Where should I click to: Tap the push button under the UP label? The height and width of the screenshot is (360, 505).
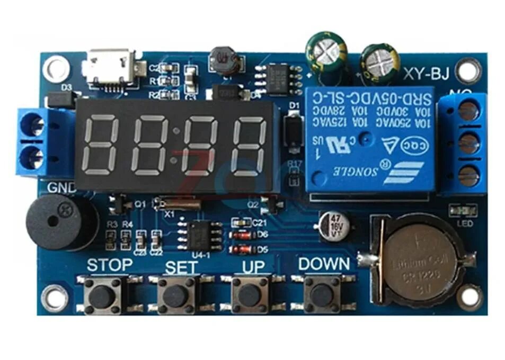249,294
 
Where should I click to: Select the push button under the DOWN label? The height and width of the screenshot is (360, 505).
322,294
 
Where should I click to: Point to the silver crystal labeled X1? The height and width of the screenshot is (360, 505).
176,203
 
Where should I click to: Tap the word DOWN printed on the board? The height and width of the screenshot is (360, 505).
324,263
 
